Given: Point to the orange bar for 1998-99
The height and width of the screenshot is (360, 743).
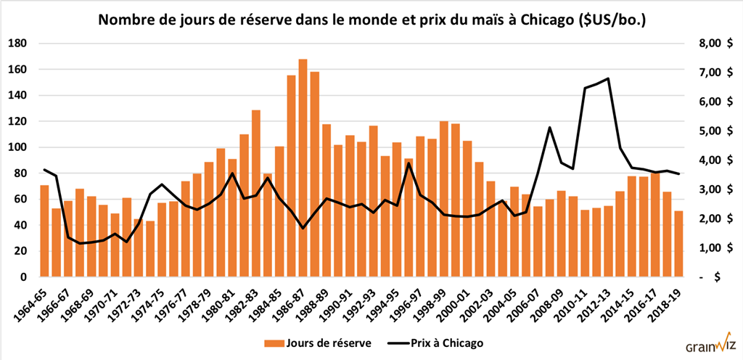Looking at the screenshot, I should (443, 199).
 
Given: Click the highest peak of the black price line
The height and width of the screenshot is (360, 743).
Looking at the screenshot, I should (607, 78).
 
